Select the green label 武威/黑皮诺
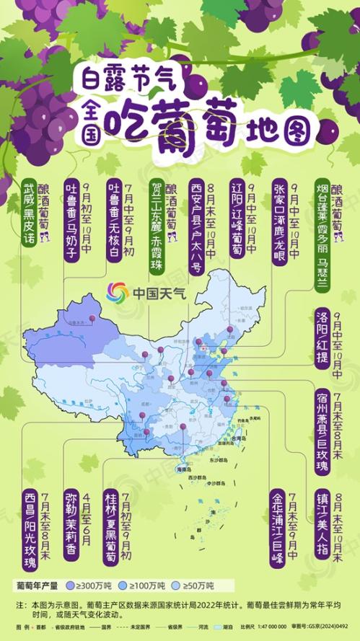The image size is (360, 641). pyautogui.click(x=29, y=214)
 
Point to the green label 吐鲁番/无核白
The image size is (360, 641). pyautogui.click(x=113, y=216)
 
